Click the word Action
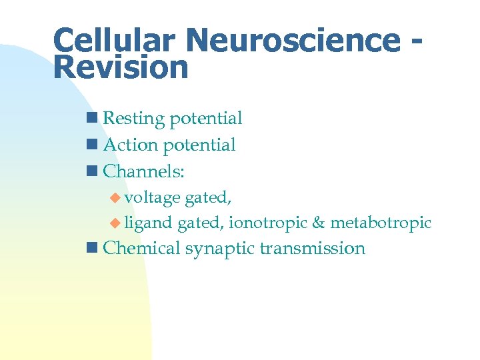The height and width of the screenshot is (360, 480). [x=131, y=145]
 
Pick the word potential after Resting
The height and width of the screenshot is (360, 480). [x=205, y=119]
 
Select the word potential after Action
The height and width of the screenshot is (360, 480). [x=199, y=145]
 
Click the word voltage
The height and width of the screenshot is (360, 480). [x=153, y=197]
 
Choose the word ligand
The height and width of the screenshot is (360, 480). [x=148, y=223]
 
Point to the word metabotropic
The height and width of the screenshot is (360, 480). [x=381, y=223]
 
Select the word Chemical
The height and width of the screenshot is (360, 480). [x=142, y=248]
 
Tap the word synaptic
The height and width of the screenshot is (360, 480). [x=220, y=249]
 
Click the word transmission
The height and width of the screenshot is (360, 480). [x=313, y=248]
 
